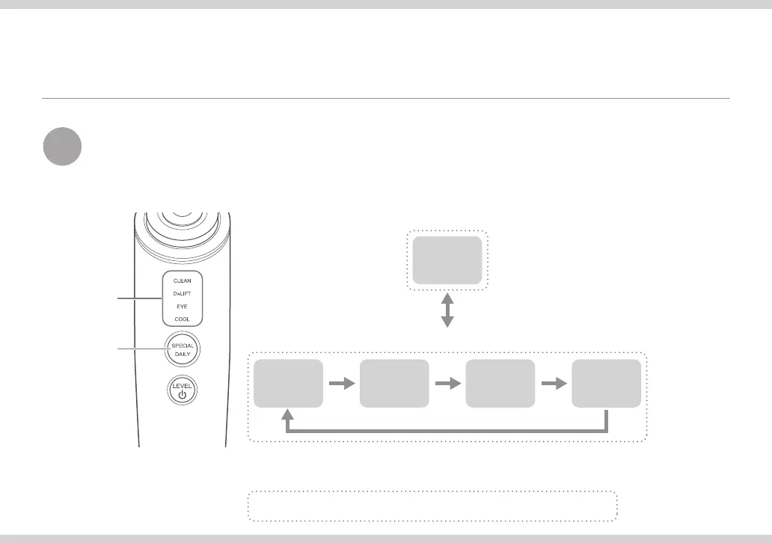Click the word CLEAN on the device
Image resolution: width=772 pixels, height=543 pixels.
[182, 280]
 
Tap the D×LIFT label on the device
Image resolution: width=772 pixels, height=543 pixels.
[182, 294]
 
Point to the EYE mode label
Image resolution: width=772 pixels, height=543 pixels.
[182, 307]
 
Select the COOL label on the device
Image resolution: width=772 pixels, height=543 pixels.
[182, 319]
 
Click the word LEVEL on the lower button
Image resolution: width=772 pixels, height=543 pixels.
[182, 386]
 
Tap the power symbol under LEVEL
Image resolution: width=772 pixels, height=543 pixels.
[182, 396]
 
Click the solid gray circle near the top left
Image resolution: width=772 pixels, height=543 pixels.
[62, 147]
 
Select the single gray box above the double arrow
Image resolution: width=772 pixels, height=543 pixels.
[447, 260]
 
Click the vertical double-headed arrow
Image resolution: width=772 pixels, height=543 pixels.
[447, 310]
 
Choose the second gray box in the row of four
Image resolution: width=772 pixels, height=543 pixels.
[394, 383]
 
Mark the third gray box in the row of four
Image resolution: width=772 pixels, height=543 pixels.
[500, 383]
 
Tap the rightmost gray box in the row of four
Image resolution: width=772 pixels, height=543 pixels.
[607, 383]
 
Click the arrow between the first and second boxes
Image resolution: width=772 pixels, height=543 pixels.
[341, 383]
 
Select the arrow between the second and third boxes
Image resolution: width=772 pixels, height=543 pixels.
[447, 383]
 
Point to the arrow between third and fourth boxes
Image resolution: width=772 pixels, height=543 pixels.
[554, 383]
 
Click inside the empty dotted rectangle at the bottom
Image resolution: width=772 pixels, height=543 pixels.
[432, 506]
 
